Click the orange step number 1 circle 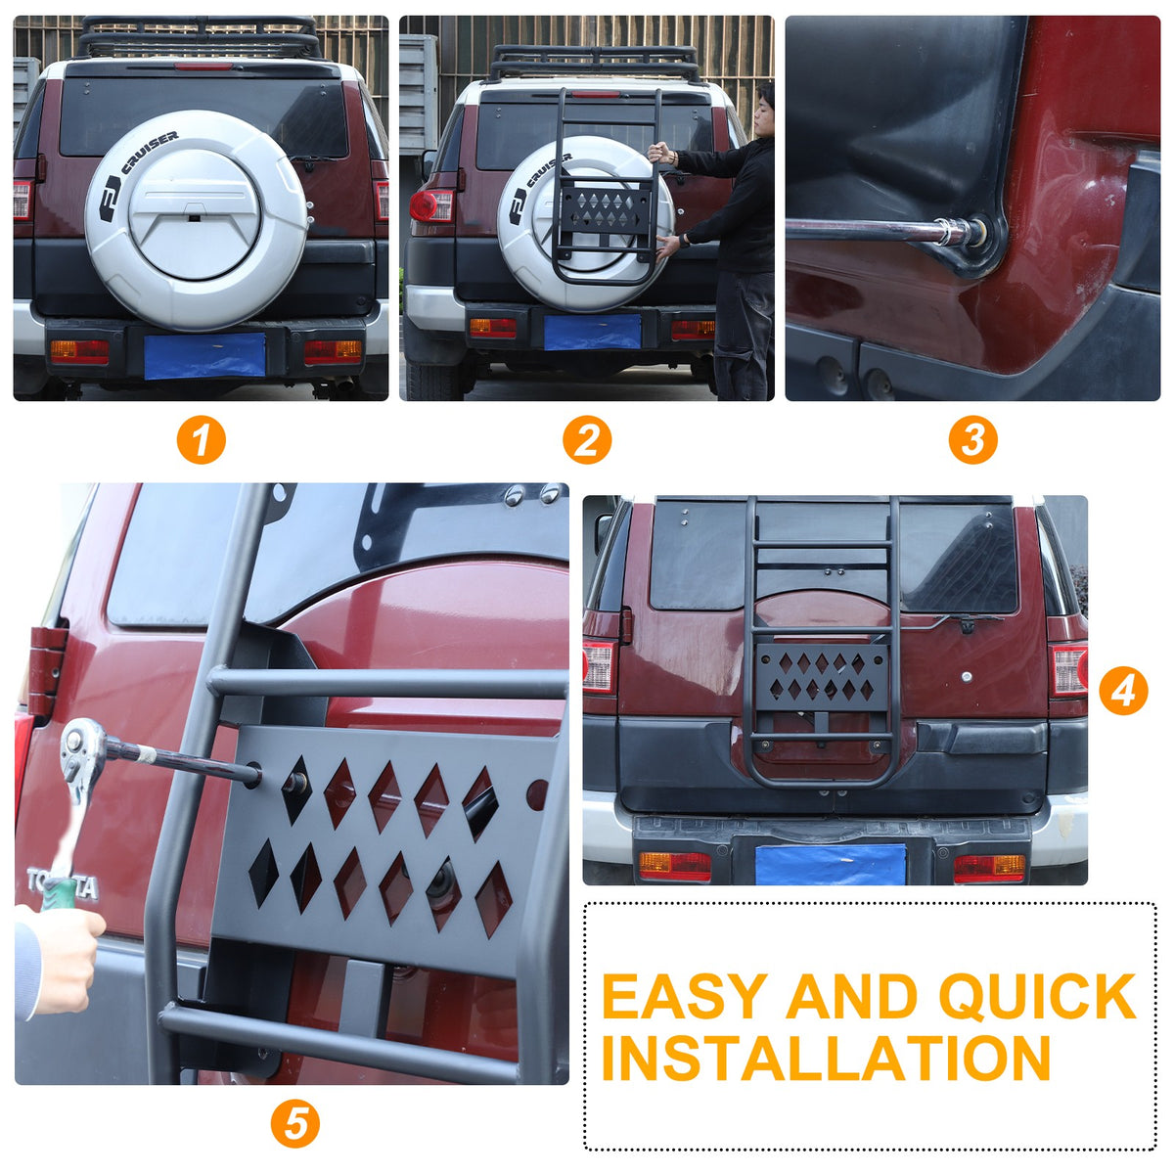(202, 440)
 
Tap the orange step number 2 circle (587, 440)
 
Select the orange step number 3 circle (972, 440)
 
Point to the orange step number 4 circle (1123, 692)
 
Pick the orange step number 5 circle (294, 1123)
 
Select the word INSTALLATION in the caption (826, 1058)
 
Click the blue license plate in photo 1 (204, 355)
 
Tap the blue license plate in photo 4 (830, 864)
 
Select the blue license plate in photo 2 (592, 333)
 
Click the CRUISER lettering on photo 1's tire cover (150, 152)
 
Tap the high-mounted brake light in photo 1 (203, 66)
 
